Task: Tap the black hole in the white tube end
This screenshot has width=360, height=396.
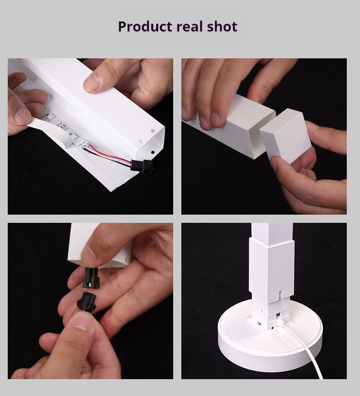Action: [153, 153]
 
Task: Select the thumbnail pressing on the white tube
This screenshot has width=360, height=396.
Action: [92, 83]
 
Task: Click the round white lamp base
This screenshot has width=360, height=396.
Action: [270, 336]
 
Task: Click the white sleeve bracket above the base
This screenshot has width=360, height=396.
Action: [272, 271]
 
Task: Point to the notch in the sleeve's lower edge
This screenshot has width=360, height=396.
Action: [282, 294]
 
